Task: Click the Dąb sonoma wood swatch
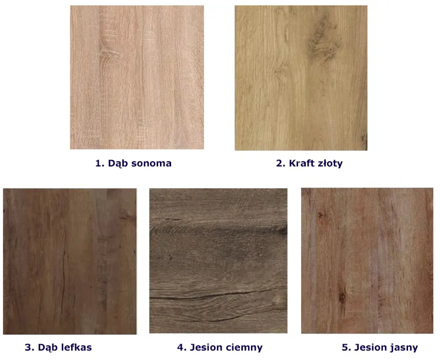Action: (x=137, y=77)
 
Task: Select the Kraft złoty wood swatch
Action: (x=301, y=78)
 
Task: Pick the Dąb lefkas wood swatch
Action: (x=70, y=261)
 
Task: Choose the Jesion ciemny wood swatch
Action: (x=218, y=261)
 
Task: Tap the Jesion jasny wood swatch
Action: (x=367, y=261)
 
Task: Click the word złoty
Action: (x=330, y=164)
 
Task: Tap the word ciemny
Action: (x=244, y=348)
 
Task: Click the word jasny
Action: (x=404, y=348)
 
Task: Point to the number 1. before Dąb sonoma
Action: (x=100, y=164)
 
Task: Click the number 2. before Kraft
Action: (x=280, y=164)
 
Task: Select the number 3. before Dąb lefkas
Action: (x=29, y=347)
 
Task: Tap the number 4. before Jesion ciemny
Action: (x=182, y=347)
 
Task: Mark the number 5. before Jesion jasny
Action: (x=346, y=347)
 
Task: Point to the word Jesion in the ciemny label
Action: (x=206, y=347)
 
